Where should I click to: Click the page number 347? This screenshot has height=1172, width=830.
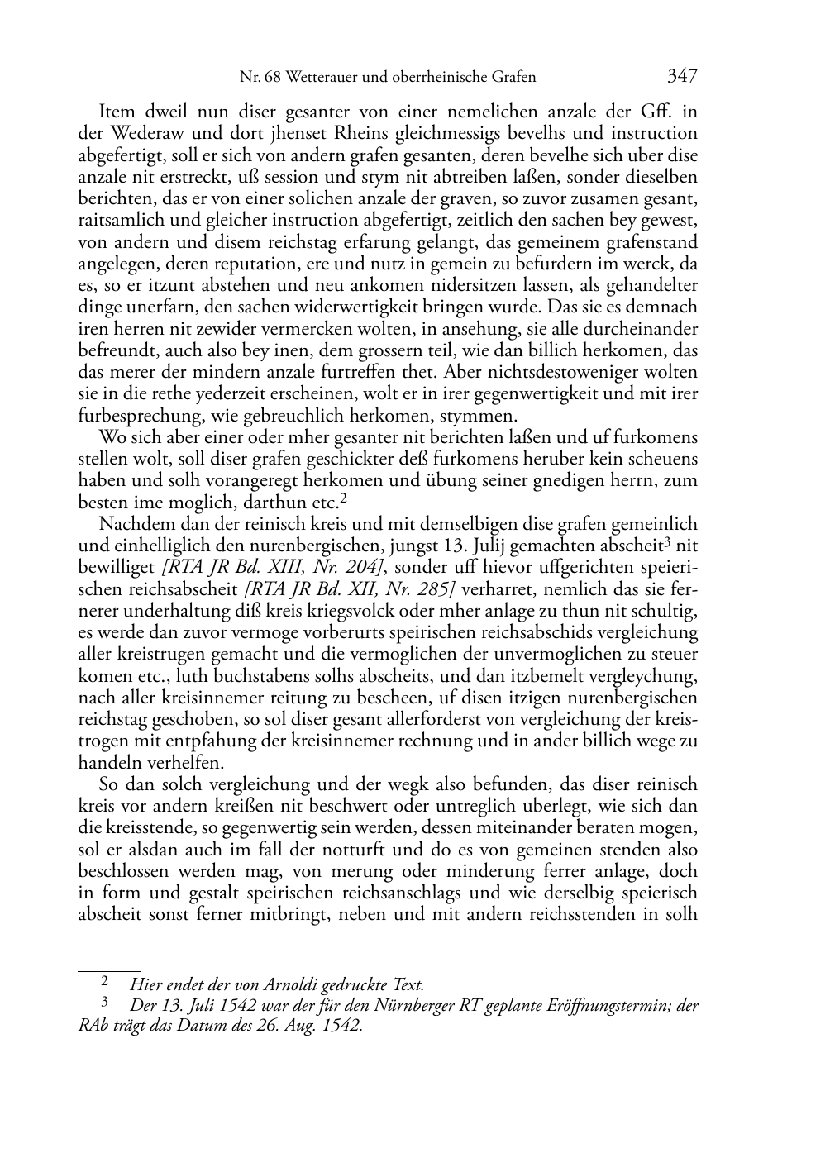point(682,77)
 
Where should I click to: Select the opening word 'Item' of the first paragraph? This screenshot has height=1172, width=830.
point(117,112)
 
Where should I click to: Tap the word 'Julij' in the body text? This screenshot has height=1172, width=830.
point(475,546)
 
